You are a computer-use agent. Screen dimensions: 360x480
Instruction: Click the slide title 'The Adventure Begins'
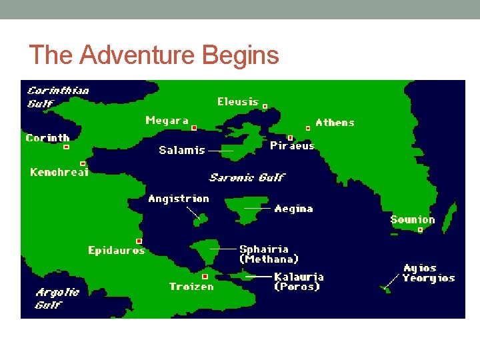click(154, 55)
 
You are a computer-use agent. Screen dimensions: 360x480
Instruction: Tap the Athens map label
click(335, 123)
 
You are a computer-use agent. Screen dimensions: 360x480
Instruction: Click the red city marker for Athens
click(307, 128)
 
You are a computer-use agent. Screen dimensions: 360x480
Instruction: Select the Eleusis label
click(238, 102)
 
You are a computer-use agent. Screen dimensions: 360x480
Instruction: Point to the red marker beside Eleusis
click(265, 106)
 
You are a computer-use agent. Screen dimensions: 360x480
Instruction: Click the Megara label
click(167, 121)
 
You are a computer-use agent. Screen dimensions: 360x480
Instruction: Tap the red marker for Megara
click(194, 127)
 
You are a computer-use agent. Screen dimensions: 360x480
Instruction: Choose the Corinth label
click(47, 138)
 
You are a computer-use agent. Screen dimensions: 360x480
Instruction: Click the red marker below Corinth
click(66, 147)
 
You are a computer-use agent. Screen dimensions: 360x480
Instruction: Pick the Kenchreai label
click(59, 172)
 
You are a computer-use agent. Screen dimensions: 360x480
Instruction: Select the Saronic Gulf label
click(247, 177)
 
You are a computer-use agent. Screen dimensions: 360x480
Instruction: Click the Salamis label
click(182, 150)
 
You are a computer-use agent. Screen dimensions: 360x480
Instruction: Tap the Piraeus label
click(292, 146)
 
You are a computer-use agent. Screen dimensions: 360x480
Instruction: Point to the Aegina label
click(293, 209)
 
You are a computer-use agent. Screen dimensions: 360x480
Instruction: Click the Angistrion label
click(179, 199)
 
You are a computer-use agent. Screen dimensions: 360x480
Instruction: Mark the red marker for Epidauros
click(139, 241)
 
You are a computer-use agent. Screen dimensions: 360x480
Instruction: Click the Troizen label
click(191, 287)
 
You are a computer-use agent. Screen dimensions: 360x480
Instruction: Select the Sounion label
click(412, 219)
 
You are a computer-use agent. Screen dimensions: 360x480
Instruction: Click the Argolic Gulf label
click(57, 298)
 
